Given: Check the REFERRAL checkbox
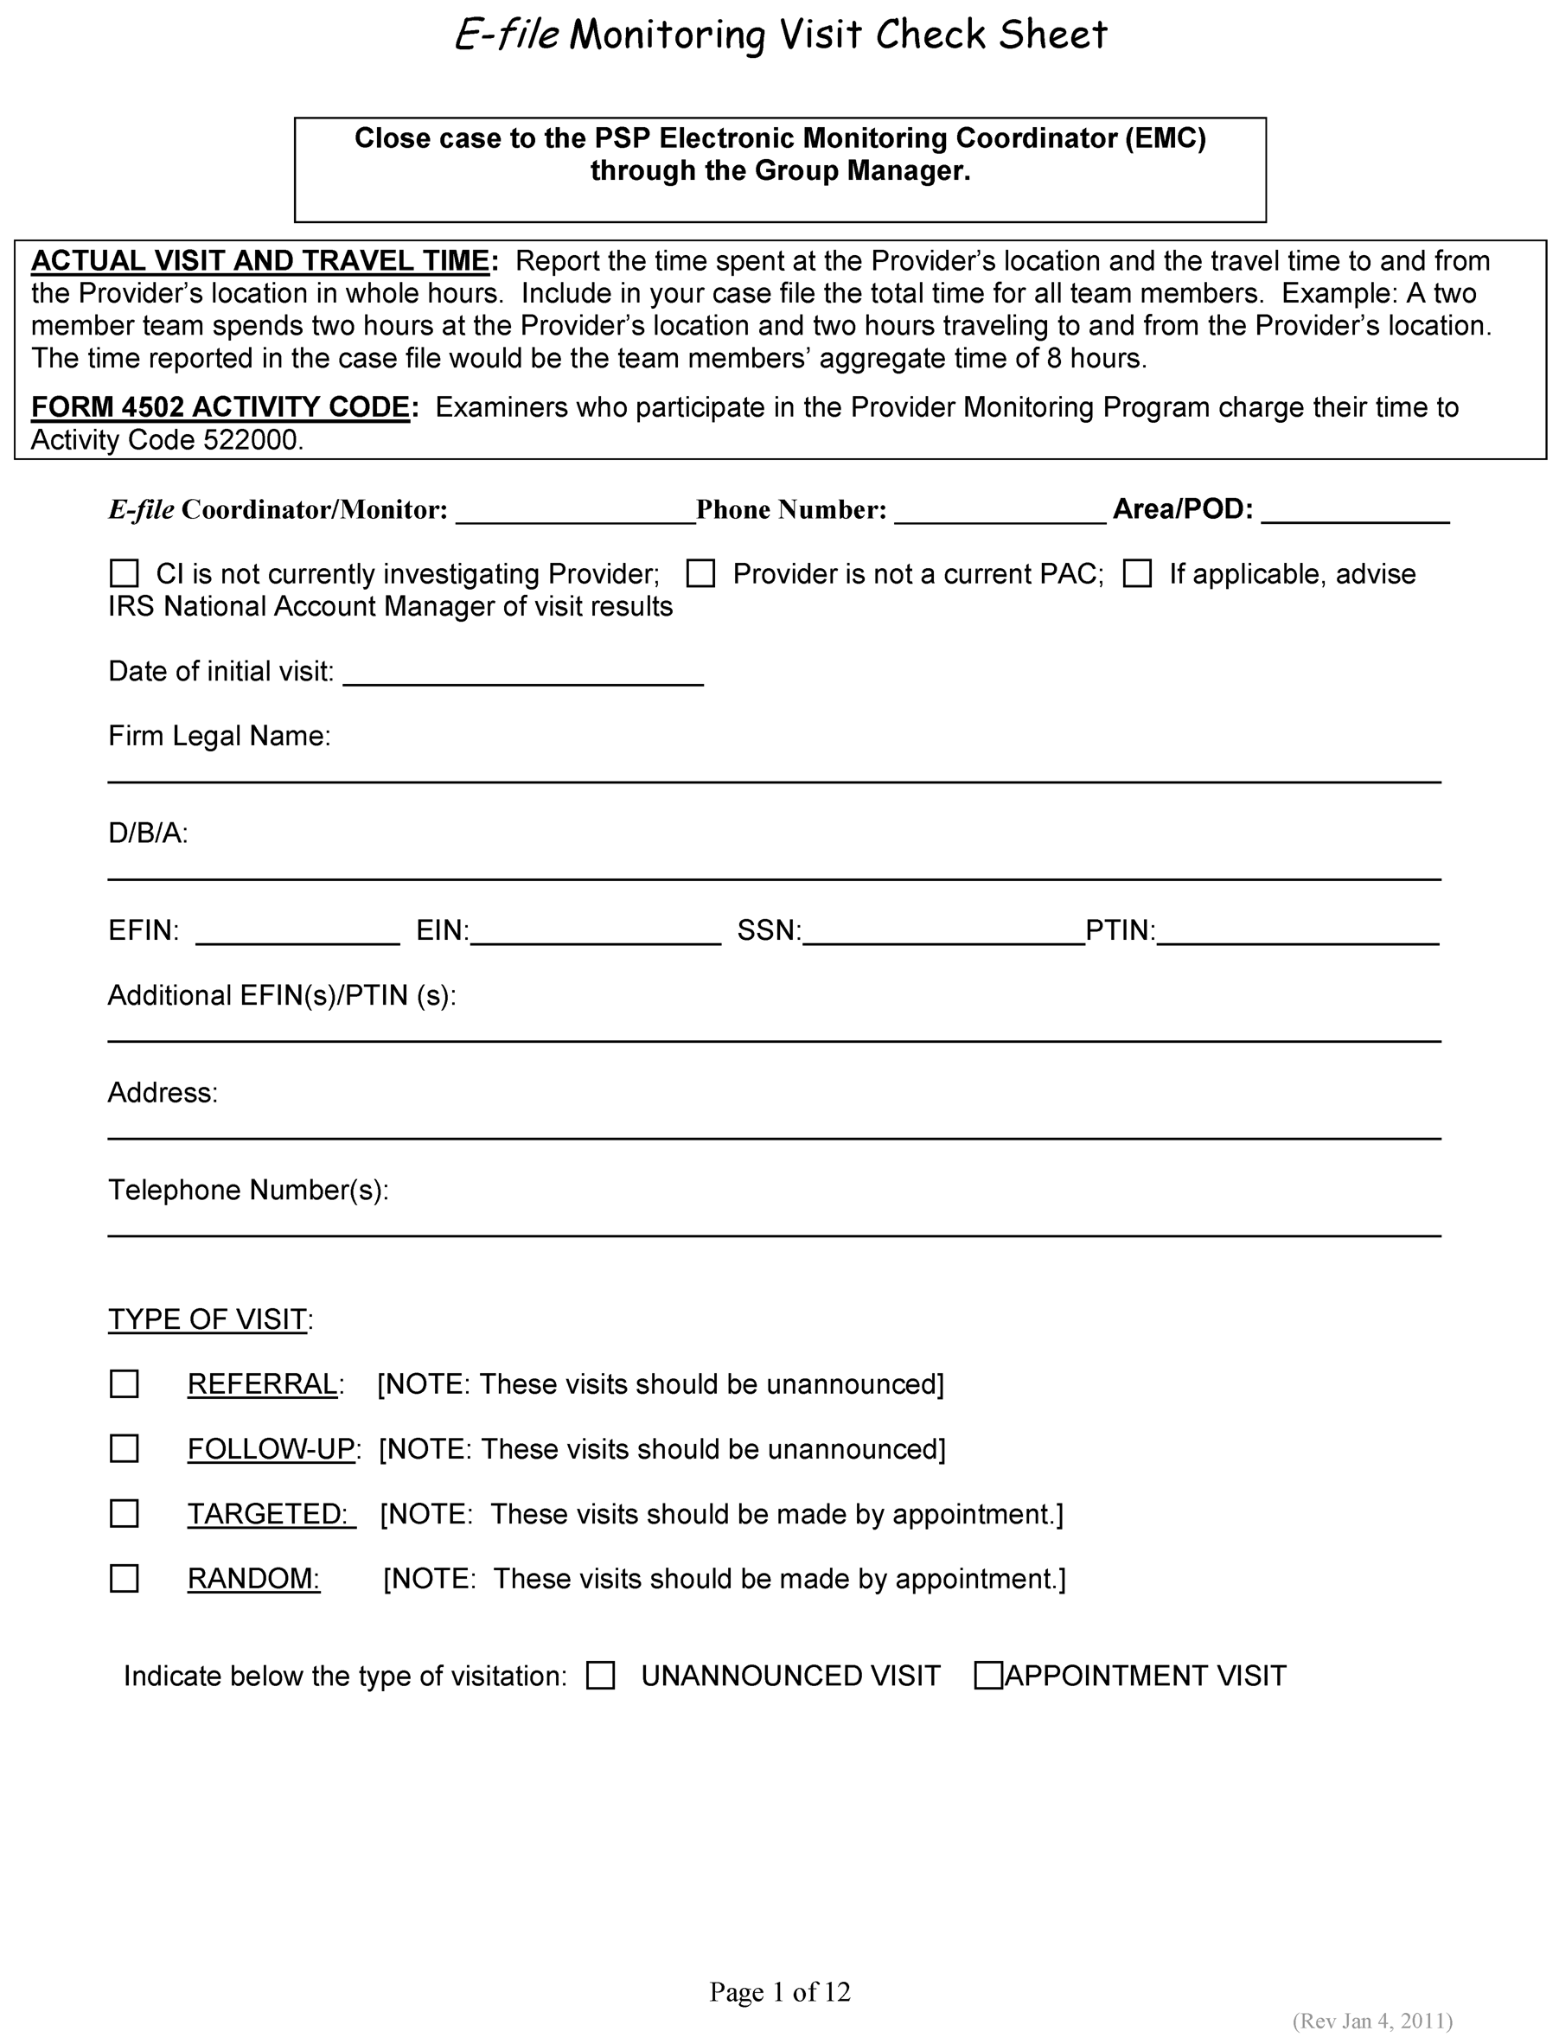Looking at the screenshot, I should (125, 1384).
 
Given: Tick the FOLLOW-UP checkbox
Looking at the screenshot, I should (125, 1449).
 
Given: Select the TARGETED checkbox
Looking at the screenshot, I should (125, 1514).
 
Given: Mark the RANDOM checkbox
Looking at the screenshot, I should (125, 1579).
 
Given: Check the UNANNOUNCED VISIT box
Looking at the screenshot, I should (600, 1676).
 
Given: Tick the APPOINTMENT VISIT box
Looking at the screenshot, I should (988, 1676).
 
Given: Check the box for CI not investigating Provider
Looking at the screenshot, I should (125, 573).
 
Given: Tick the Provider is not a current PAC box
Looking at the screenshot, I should (700, 573).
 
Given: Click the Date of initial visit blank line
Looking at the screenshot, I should (523, 675).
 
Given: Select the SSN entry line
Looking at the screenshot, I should (943, 936).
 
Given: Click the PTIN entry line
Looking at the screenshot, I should (1298, 936).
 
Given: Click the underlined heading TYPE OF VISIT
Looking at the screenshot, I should (207, 1319).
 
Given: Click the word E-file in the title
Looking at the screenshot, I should (507, 35).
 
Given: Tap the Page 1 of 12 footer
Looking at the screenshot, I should (780, 1992).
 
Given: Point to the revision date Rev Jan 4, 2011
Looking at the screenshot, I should (1372, 2021).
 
